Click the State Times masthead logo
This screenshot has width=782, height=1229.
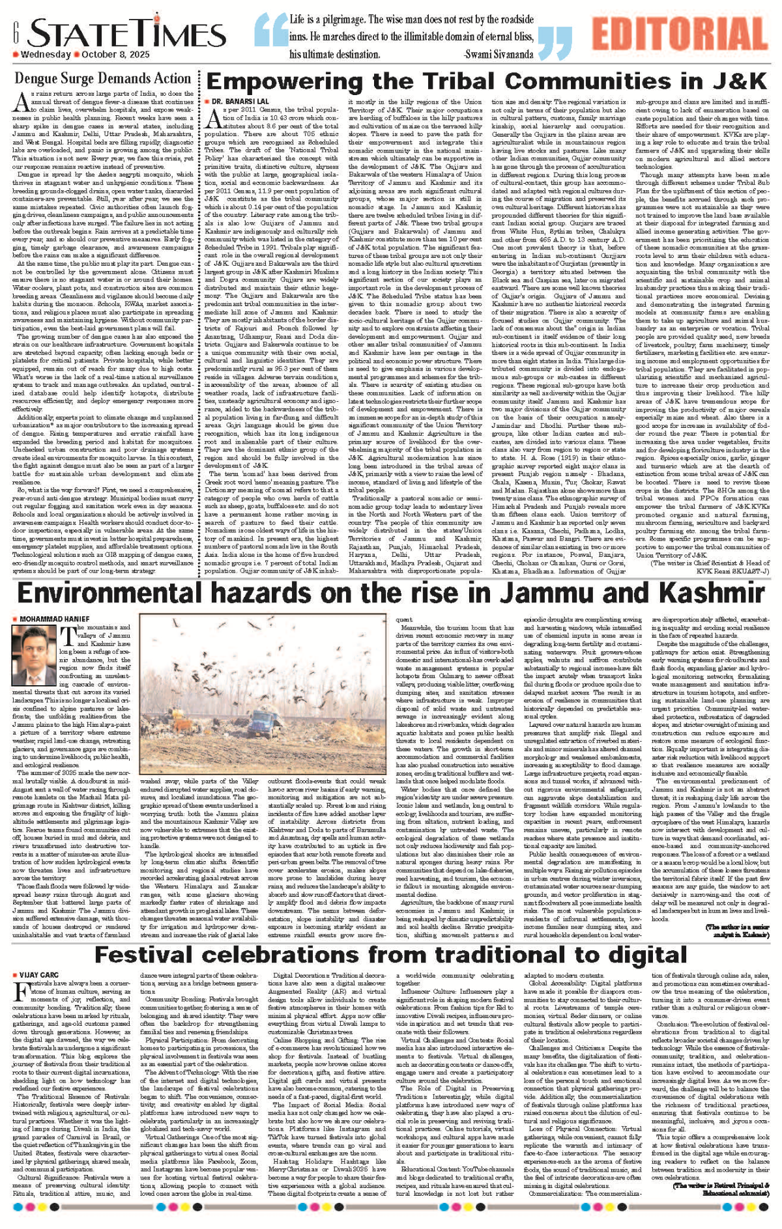click(117, 33)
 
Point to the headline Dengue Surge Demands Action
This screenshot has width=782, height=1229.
click(103, 79)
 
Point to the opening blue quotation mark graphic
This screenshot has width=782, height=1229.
click(268, 36)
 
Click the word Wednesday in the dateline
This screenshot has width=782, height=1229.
click(46, 55)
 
